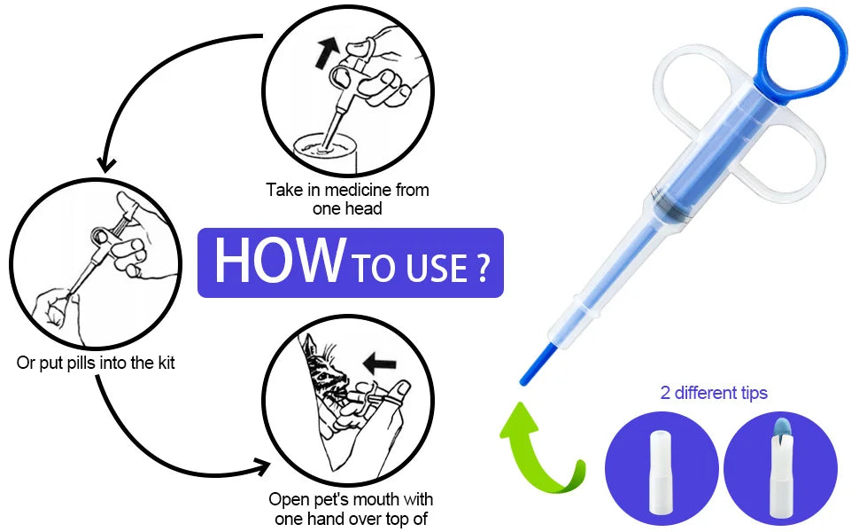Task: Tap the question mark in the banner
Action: [482, 268]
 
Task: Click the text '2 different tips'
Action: [714, 393]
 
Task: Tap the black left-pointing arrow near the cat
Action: [380, 362]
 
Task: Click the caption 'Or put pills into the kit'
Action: [96, 363]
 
